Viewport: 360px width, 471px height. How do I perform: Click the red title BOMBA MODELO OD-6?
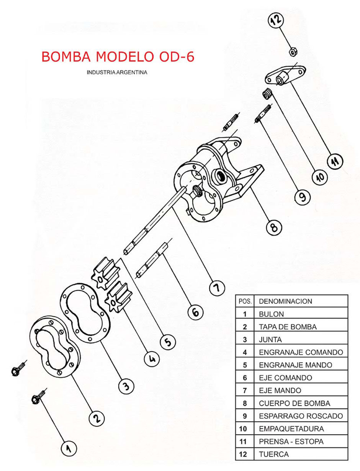click(x=118, y=57)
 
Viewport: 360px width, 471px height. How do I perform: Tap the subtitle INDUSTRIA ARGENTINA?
click(x=117, y=72)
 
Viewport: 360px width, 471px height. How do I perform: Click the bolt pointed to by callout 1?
click(x=38, y=398)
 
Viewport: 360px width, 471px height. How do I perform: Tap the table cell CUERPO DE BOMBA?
click(x=294, y=403)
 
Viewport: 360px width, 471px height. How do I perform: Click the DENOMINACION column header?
click(x=285, y=301)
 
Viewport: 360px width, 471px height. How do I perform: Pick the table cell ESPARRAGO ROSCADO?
click(x=301, y=416)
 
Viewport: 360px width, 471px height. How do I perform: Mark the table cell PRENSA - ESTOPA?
click(x=291, y=441)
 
